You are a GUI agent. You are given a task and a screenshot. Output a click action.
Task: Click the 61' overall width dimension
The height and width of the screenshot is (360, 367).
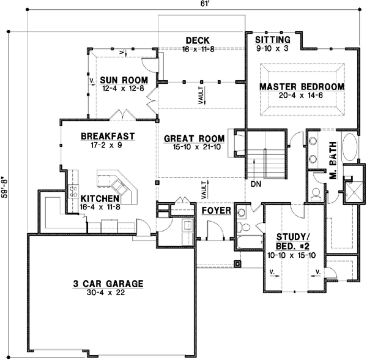pyautogui.click(x=194, y=4)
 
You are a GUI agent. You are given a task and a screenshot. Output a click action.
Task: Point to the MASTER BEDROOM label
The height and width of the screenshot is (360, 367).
pyautogui.click(x=302, y=87)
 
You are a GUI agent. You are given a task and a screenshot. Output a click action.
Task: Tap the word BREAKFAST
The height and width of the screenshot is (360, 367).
pyautogui.click(x=108, y=136)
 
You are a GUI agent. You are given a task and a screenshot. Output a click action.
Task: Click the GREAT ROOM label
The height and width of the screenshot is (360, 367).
pyautogui.click(x=194, y=139)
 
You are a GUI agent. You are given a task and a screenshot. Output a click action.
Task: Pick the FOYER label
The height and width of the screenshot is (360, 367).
pyautogui.click(x=216, y=211)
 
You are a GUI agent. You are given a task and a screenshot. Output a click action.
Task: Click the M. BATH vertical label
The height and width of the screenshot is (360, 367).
pyautogui.click(x=333, y=166)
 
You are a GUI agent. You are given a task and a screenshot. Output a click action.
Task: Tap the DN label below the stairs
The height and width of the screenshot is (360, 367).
pyautogui.click(x=256, y=183)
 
